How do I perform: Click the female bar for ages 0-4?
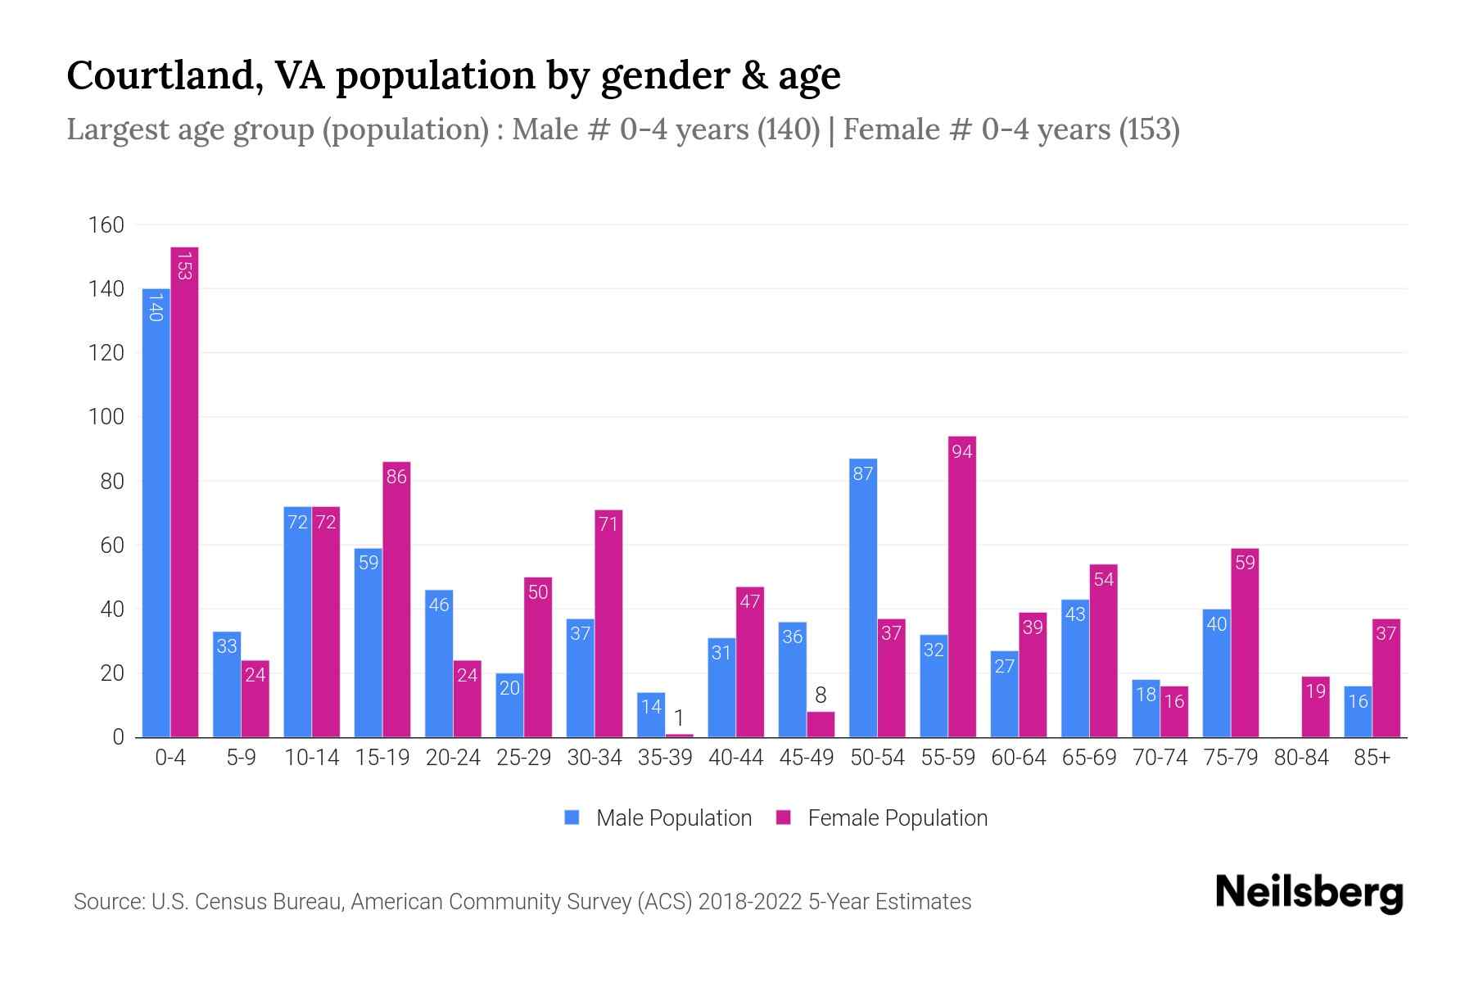184,491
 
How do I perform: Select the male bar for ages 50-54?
863,598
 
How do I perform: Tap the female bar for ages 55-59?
962,587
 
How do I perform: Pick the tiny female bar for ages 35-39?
679,736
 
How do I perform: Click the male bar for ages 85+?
1358,711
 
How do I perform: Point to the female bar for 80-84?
1315,706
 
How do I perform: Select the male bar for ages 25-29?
509,704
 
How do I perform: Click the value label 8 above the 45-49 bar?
821,695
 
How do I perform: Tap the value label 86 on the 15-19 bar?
396,477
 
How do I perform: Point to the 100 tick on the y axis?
106,417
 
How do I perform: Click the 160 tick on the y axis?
106,225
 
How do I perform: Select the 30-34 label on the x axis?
595,758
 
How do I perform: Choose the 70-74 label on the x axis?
1160,758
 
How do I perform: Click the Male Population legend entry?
673,818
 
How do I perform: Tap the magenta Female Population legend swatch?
784,818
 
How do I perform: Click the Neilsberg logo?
1309,893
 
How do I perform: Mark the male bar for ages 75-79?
1216,673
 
